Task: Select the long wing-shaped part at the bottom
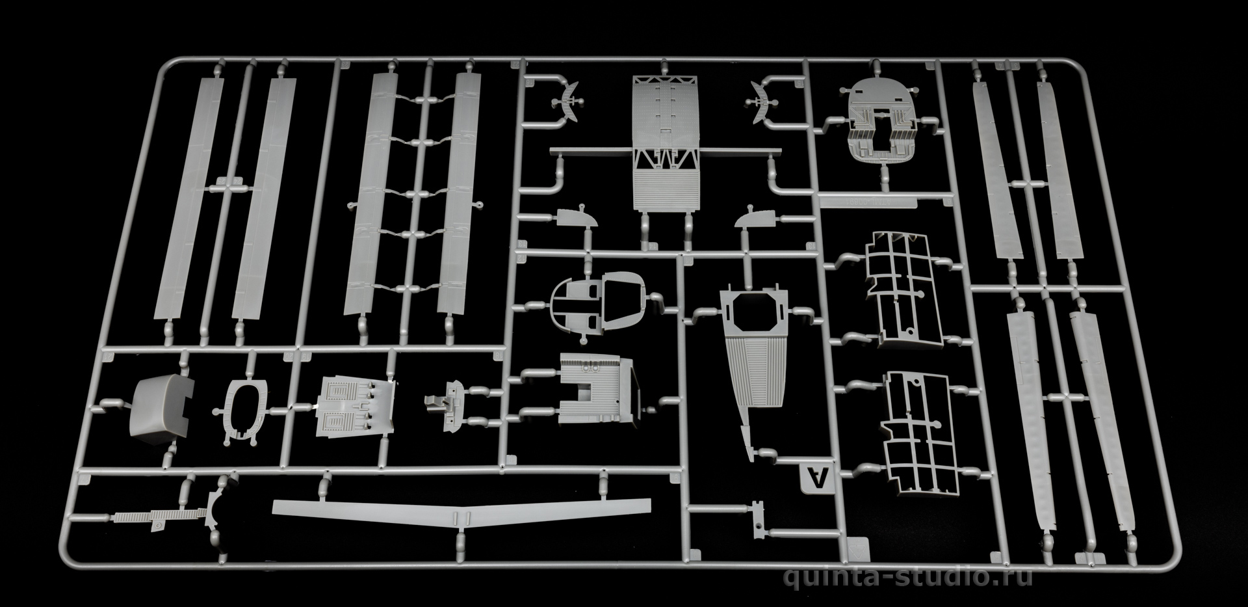click(461, 511)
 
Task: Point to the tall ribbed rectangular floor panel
click(666, 143)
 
